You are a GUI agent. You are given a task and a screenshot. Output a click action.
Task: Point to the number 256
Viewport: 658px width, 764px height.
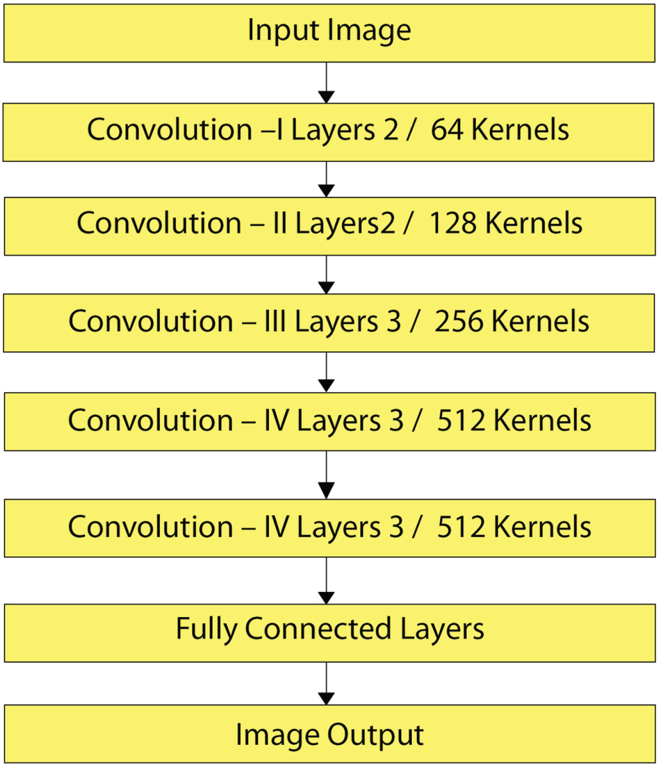[459, 321]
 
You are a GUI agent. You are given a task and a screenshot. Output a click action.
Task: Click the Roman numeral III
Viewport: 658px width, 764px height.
[275, 321]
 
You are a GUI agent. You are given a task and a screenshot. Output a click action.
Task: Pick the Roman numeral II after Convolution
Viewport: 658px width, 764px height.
[280, 223]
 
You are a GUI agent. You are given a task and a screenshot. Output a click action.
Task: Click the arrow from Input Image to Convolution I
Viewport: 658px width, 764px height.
[326, 83]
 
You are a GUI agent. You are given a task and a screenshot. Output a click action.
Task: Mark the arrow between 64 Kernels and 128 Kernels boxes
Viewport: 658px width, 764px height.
[326, 179]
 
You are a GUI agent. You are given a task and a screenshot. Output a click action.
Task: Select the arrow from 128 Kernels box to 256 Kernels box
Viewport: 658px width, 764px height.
[326, 274]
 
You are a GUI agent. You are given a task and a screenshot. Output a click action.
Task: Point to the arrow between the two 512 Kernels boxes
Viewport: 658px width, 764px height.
[326, 475]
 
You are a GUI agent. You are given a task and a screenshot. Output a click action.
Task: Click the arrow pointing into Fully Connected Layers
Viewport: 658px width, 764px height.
[326, 581]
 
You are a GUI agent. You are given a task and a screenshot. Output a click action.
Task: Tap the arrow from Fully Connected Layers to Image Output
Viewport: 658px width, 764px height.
[326, 683]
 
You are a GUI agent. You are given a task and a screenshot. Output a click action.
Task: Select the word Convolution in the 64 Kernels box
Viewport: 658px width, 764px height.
[170, 129]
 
